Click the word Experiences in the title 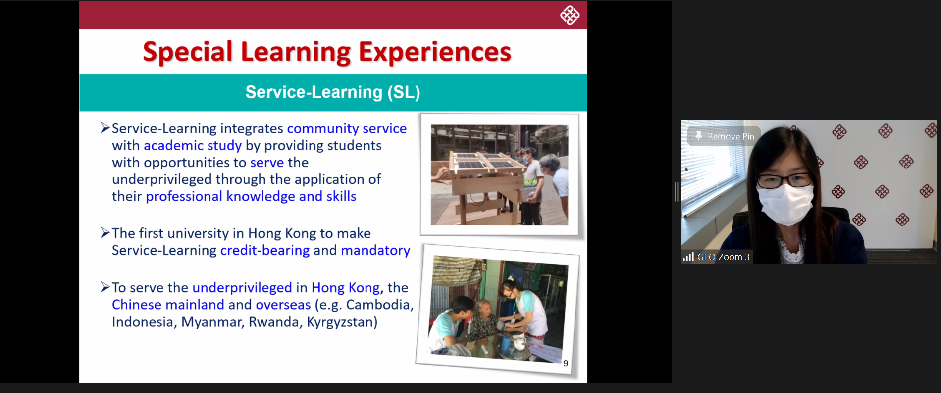point(434,52)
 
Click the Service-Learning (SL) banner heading point(333,92)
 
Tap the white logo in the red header point(570,15)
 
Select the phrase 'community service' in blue point(347,129)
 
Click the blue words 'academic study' point(192,146)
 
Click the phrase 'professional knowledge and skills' point(251,197)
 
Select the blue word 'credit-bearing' point(265,251)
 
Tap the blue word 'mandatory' point(375,251)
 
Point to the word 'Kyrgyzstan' point(342,322)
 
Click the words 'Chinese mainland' point(168,305)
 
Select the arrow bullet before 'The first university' point(105,232)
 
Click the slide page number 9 point(566,363)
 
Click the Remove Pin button point(725,136)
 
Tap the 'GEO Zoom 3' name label point(723,257)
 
